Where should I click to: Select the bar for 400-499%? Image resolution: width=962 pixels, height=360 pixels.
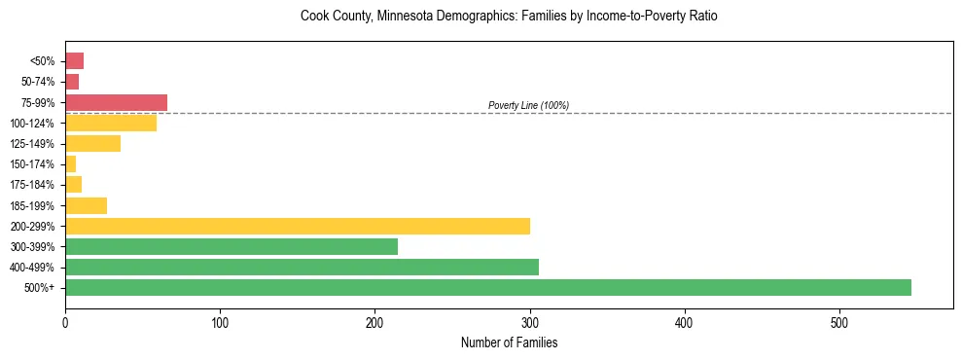[x=302, y=267]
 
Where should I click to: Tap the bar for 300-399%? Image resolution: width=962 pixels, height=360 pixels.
[x=232, y=246]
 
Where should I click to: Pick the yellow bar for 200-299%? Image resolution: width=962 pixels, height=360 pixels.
[x=298, y=226]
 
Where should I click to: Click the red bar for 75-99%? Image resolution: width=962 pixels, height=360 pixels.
[x=116, y=102]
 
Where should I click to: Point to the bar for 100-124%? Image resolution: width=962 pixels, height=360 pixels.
[x=111, y=123]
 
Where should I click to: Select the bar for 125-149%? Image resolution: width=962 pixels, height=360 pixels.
[x=92, y=143]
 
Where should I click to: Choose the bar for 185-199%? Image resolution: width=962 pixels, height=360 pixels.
[x=86, y=205]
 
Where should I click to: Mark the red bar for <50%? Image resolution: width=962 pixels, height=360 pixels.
[x=74, y=61]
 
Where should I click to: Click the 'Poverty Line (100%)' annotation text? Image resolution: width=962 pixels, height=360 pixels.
[x=528, y=105]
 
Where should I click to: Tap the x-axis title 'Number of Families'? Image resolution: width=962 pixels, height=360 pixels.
[x=509, y=343]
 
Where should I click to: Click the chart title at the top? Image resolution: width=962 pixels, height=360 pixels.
[x=509, y=17]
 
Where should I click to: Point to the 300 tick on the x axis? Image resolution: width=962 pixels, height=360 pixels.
[x=375, y=322]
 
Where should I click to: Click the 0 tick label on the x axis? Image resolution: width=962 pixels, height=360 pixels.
[x=65, y=322]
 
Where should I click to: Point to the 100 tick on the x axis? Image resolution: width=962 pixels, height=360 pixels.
[x=220, y=322]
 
